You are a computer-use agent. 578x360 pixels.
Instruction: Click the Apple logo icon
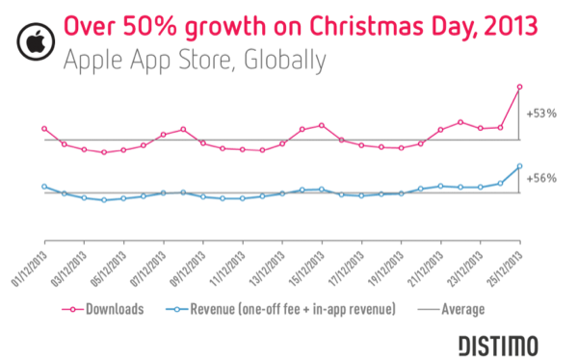click(x=33, y=36)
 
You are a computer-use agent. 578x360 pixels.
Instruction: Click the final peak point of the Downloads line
click(x=520, y=88)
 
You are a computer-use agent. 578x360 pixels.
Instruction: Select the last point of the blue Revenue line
click(x=520, y=167)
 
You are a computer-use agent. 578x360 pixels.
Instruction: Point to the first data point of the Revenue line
click(x=44, y=186)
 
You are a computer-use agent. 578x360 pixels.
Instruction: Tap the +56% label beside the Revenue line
click(x=542, y=177)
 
